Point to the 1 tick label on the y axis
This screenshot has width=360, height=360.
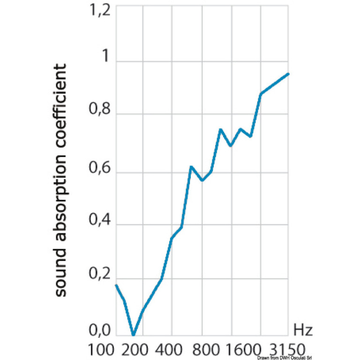(105, 58)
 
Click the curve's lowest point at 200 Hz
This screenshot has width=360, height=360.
(134, 335)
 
